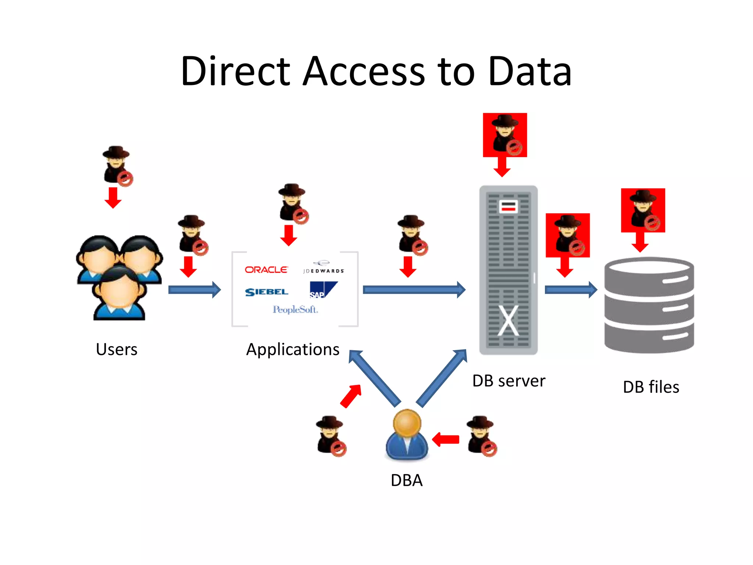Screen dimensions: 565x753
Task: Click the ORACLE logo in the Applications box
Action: (266, 270)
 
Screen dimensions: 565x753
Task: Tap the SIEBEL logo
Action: (267, 292)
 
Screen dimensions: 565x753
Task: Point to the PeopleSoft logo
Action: (295, 309)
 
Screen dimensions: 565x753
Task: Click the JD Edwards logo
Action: (323, 268)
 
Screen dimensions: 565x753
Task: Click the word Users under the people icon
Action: (117, 349)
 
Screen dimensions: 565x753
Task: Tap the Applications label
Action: (293, 349)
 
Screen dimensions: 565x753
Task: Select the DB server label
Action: (508, 381)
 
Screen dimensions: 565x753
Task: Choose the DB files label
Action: (651, 387)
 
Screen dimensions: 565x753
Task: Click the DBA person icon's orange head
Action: (407, 423)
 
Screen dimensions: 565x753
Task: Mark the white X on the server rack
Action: (508, 320)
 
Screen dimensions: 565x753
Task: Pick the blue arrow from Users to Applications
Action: (194, 290)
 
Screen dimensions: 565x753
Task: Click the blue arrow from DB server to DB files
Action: (570, 290)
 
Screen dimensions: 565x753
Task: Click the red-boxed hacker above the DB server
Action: (505, 135)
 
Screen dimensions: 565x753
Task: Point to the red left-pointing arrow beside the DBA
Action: (446, 439)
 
